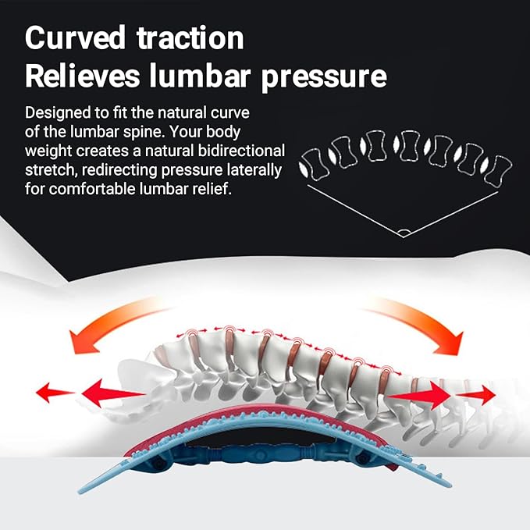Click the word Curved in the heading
(x=76, y=37)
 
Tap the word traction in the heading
(x=190, y=37)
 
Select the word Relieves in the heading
(x=83, y=76)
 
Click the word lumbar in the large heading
(x=200, y=76)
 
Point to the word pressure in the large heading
(x=324, y=78)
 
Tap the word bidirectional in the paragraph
(x=241, y=151)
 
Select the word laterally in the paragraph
(x=254, y=171)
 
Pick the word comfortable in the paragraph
(x=92, y=189)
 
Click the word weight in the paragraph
(x=48, y=151)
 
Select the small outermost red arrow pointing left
(x=55, y=393)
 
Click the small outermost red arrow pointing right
(x=476, y=394)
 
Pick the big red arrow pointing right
(x=419, y=394)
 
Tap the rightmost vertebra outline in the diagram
(x=500, y=171)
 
